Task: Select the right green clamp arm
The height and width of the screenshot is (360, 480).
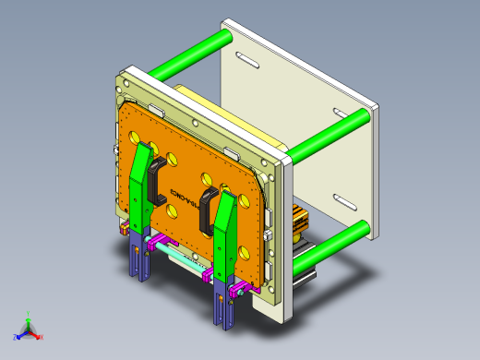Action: point(223,231)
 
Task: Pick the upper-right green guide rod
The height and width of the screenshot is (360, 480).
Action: point(323,134)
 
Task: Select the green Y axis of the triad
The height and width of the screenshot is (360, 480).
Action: point(28,318)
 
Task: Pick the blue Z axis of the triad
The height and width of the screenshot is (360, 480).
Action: point(18,334)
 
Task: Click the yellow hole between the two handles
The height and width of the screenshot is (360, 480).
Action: point(205,177)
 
